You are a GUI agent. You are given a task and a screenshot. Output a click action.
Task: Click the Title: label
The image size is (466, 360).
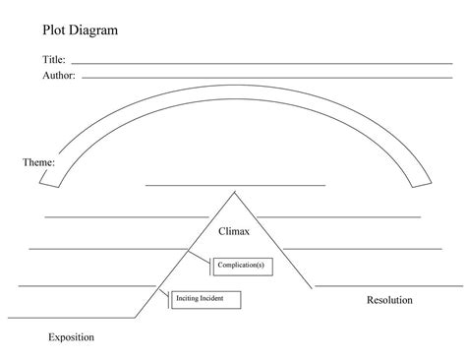[53, 60]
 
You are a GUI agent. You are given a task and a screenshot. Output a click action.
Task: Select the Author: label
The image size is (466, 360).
[58, 75]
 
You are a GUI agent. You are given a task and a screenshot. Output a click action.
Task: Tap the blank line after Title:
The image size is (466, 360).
[261, 63]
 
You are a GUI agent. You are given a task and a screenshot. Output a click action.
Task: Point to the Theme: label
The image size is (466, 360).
[38, 161]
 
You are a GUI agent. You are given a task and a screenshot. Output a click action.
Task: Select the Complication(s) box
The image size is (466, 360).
[240, 264]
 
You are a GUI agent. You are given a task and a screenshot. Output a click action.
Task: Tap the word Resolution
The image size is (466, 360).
[388, 300]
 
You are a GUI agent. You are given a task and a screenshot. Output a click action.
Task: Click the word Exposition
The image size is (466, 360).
[71, 337]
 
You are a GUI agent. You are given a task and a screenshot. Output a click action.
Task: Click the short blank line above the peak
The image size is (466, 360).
[235, 184]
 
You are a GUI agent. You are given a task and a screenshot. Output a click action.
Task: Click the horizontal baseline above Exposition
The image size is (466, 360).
[74, 318]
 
